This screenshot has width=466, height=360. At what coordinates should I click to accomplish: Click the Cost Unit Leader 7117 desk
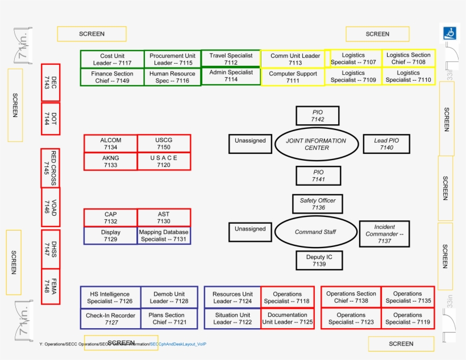(x=112, y=60)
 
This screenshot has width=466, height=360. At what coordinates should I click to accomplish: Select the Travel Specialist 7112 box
(x=231, y=59)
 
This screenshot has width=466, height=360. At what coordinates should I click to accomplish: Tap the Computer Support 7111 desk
(x=293, y=77)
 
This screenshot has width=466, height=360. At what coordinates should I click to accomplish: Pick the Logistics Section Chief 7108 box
(x=409, y=58)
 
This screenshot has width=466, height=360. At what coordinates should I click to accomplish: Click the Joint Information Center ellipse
(x=317, y=144)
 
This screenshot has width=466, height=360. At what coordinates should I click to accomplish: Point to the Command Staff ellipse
(x=315, y=232)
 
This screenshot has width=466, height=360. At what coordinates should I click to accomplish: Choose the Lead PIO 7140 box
(x=386, y=144)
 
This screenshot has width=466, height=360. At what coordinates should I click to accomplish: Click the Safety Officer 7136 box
(x=318, y=204)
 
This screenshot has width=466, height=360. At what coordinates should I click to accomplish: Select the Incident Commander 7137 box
(x=384, y=234)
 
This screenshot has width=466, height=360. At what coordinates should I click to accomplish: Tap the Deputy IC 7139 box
(x=319, y=261)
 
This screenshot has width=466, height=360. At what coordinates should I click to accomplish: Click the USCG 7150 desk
(x=164, y=144)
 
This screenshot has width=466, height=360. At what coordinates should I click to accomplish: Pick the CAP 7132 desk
(x=111, y=218)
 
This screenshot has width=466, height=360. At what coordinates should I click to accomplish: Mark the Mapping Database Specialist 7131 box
(x=164, y=236)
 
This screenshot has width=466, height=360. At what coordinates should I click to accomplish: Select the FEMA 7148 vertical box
(x=51, y=286)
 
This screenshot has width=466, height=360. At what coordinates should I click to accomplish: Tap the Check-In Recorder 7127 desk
(x=111, y=319)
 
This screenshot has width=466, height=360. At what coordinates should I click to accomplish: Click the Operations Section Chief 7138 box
(x=351, y=297)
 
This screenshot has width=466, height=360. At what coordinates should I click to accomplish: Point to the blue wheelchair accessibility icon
(x=450, y=34)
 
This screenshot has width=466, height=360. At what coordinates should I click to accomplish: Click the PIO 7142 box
(x=318, y=116)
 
